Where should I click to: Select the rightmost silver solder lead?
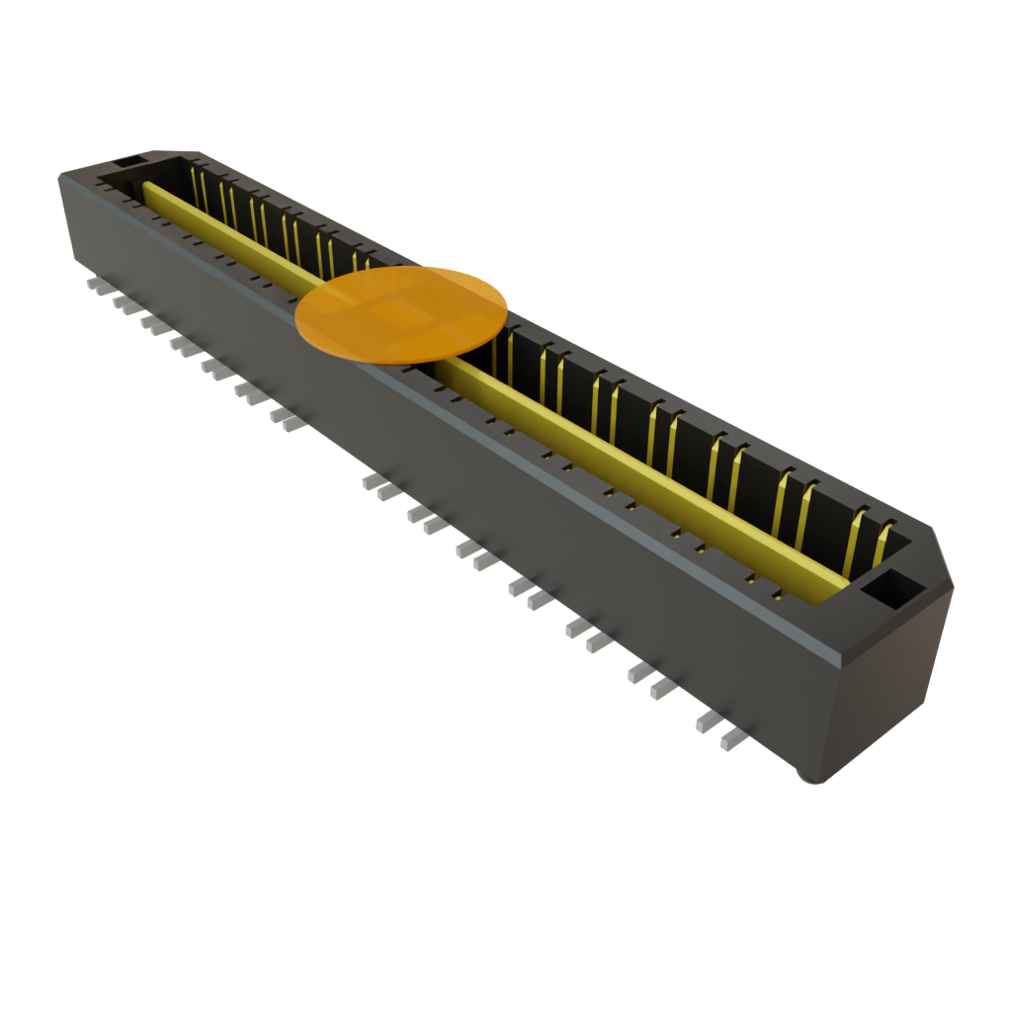tap(732, 738)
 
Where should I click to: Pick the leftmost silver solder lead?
tap(97, 285)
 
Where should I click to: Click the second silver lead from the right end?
tap(709, 722)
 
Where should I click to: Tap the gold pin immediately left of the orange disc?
tap(368, 263)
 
